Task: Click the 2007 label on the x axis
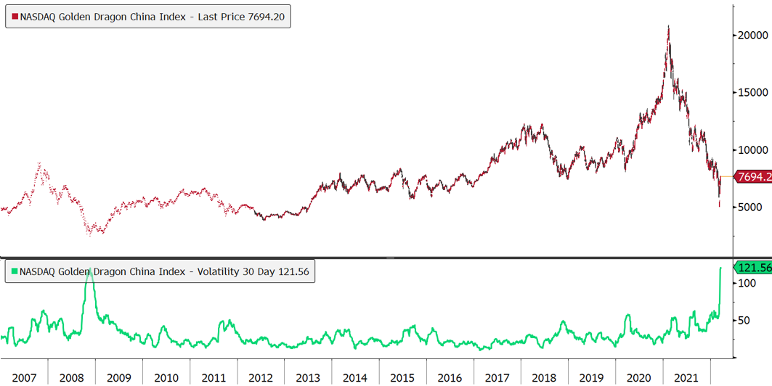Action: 24,378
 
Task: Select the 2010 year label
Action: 166,378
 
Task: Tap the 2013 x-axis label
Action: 308,378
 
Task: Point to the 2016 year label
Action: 450,378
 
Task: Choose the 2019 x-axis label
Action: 592,378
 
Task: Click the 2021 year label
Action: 686,378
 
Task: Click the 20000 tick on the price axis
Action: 752,35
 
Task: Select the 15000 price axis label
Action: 752,92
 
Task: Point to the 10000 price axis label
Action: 752,149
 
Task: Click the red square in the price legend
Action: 15,16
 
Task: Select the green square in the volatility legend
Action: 15,272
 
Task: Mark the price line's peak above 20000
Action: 668,26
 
